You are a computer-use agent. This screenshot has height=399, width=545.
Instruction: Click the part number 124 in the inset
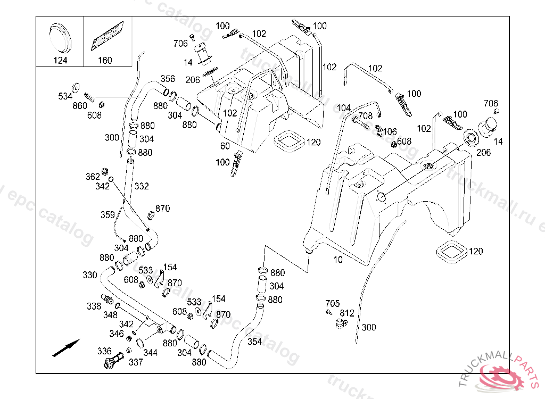60,60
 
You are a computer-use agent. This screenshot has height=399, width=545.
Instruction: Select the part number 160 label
105,60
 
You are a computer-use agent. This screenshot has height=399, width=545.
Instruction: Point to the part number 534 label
65,96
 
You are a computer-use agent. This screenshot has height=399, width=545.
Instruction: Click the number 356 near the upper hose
168,79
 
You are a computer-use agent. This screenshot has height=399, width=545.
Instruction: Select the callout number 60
225,146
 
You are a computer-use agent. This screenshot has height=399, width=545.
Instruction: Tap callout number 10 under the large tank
338,260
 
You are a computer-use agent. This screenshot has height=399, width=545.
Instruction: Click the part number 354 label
255,342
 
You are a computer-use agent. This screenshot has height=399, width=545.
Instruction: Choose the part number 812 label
347,313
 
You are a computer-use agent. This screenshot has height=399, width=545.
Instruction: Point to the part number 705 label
333,304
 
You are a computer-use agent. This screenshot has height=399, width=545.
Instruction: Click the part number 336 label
104,351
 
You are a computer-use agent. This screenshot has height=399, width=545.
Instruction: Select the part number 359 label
108,215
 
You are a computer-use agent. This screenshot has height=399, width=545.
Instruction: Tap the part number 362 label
93,177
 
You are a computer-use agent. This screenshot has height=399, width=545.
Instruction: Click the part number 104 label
344,108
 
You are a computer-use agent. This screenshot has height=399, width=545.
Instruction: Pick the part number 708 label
365,116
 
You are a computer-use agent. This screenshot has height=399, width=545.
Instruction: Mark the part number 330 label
90,275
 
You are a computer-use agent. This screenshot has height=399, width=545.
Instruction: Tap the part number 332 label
142,186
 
